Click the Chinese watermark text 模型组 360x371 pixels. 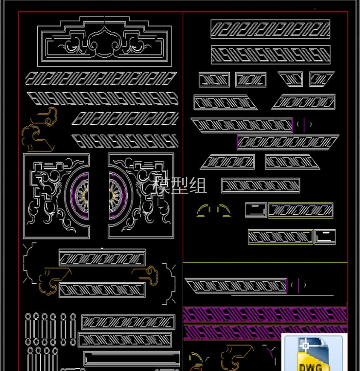coord(180,185)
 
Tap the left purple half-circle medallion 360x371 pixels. coord(79,196)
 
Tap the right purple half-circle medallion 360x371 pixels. coord(118,196)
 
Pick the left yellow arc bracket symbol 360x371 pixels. coord(203,211)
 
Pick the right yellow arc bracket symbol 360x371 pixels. coord(223,211)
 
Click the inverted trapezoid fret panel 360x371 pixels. coord(290,79)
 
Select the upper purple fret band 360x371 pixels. coord(265,315)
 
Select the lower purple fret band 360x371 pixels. coord(232,333)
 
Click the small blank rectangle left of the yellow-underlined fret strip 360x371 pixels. coord(256,210)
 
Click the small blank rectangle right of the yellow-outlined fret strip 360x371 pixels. coord(325,237)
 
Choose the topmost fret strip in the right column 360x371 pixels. coord(270,29)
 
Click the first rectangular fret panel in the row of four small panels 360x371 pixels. coord(214,80)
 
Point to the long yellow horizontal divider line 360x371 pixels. coord(265,262)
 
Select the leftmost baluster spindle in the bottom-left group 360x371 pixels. coord(28,329)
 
